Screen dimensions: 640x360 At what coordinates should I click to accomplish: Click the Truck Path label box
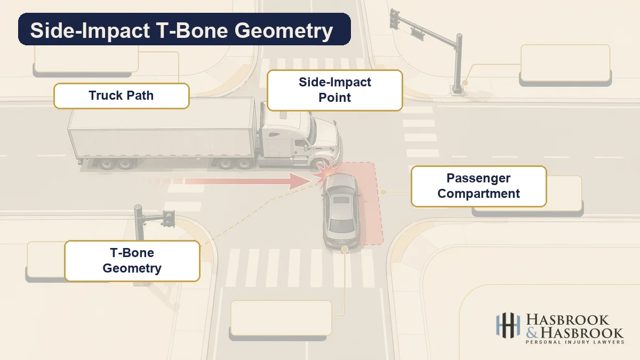tap(122, 96)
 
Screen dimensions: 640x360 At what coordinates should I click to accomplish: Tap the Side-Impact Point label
tap(334, 90)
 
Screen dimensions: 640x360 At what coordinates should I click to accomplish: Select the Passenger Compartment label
tap(478, 186)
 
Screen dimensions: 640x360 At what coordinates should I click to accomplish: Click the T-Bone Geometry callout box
tap(132, 261)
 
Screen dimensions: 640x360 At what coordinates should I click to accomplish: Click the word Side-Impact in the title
tap(90, 30)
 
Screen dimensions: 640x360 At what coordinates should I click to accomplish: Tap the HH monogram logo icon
tap(508, 325)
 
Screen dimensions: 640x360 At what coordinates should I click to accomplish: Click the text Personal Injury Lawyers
tap(575, 342)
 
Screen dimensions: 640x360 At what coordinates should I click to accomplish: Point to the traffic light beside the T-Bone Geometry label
tap(169, 219)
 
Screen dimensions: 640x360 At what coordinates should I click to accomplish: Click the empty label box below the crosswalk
tap(281, 318)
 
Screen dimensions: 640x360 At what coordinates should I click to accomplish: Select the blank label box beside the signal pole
tap(565, 63)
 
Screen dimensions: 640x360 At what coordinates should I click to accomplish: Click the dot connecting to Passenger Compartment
tap(383, 192)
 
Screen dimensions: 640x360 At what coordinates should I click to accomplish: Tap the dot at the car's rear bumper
tap(345, 250)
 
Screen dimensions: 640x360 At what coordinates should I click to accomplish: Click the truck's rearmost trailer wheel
tap(107, 164)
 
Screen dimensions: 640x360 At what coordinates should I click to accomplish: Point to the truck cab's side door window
tap(299, 143)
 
